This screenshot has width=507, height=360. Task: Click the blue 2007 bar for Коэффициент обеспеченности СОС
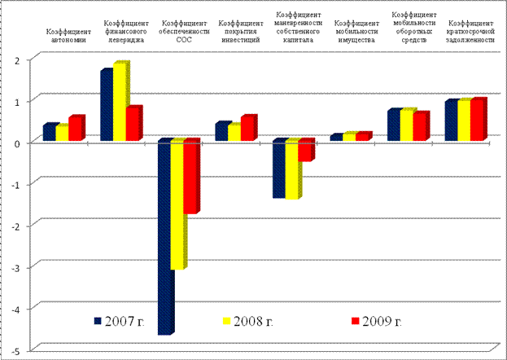click(164, 236)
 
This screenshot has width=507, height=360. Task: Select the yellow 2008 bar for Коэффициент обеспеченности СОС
click(177, 204)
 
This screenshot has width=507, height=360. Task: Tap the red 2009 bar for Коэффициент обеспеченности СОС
click(190, 177)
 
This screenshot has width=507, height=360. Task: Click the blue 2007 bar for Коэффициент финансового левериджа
click(106, 106)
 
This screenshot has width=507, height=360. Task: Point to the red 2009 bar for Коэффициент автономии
click(75, 129)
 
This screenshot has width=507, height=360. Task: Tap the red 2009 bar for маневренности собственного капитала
click(304, 151)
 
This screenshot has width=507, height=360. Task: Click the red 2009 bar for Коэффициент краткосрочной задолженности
click(478, 120)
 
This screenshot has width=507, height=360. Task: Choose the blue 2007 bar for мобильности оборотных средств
click(393, 125)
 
